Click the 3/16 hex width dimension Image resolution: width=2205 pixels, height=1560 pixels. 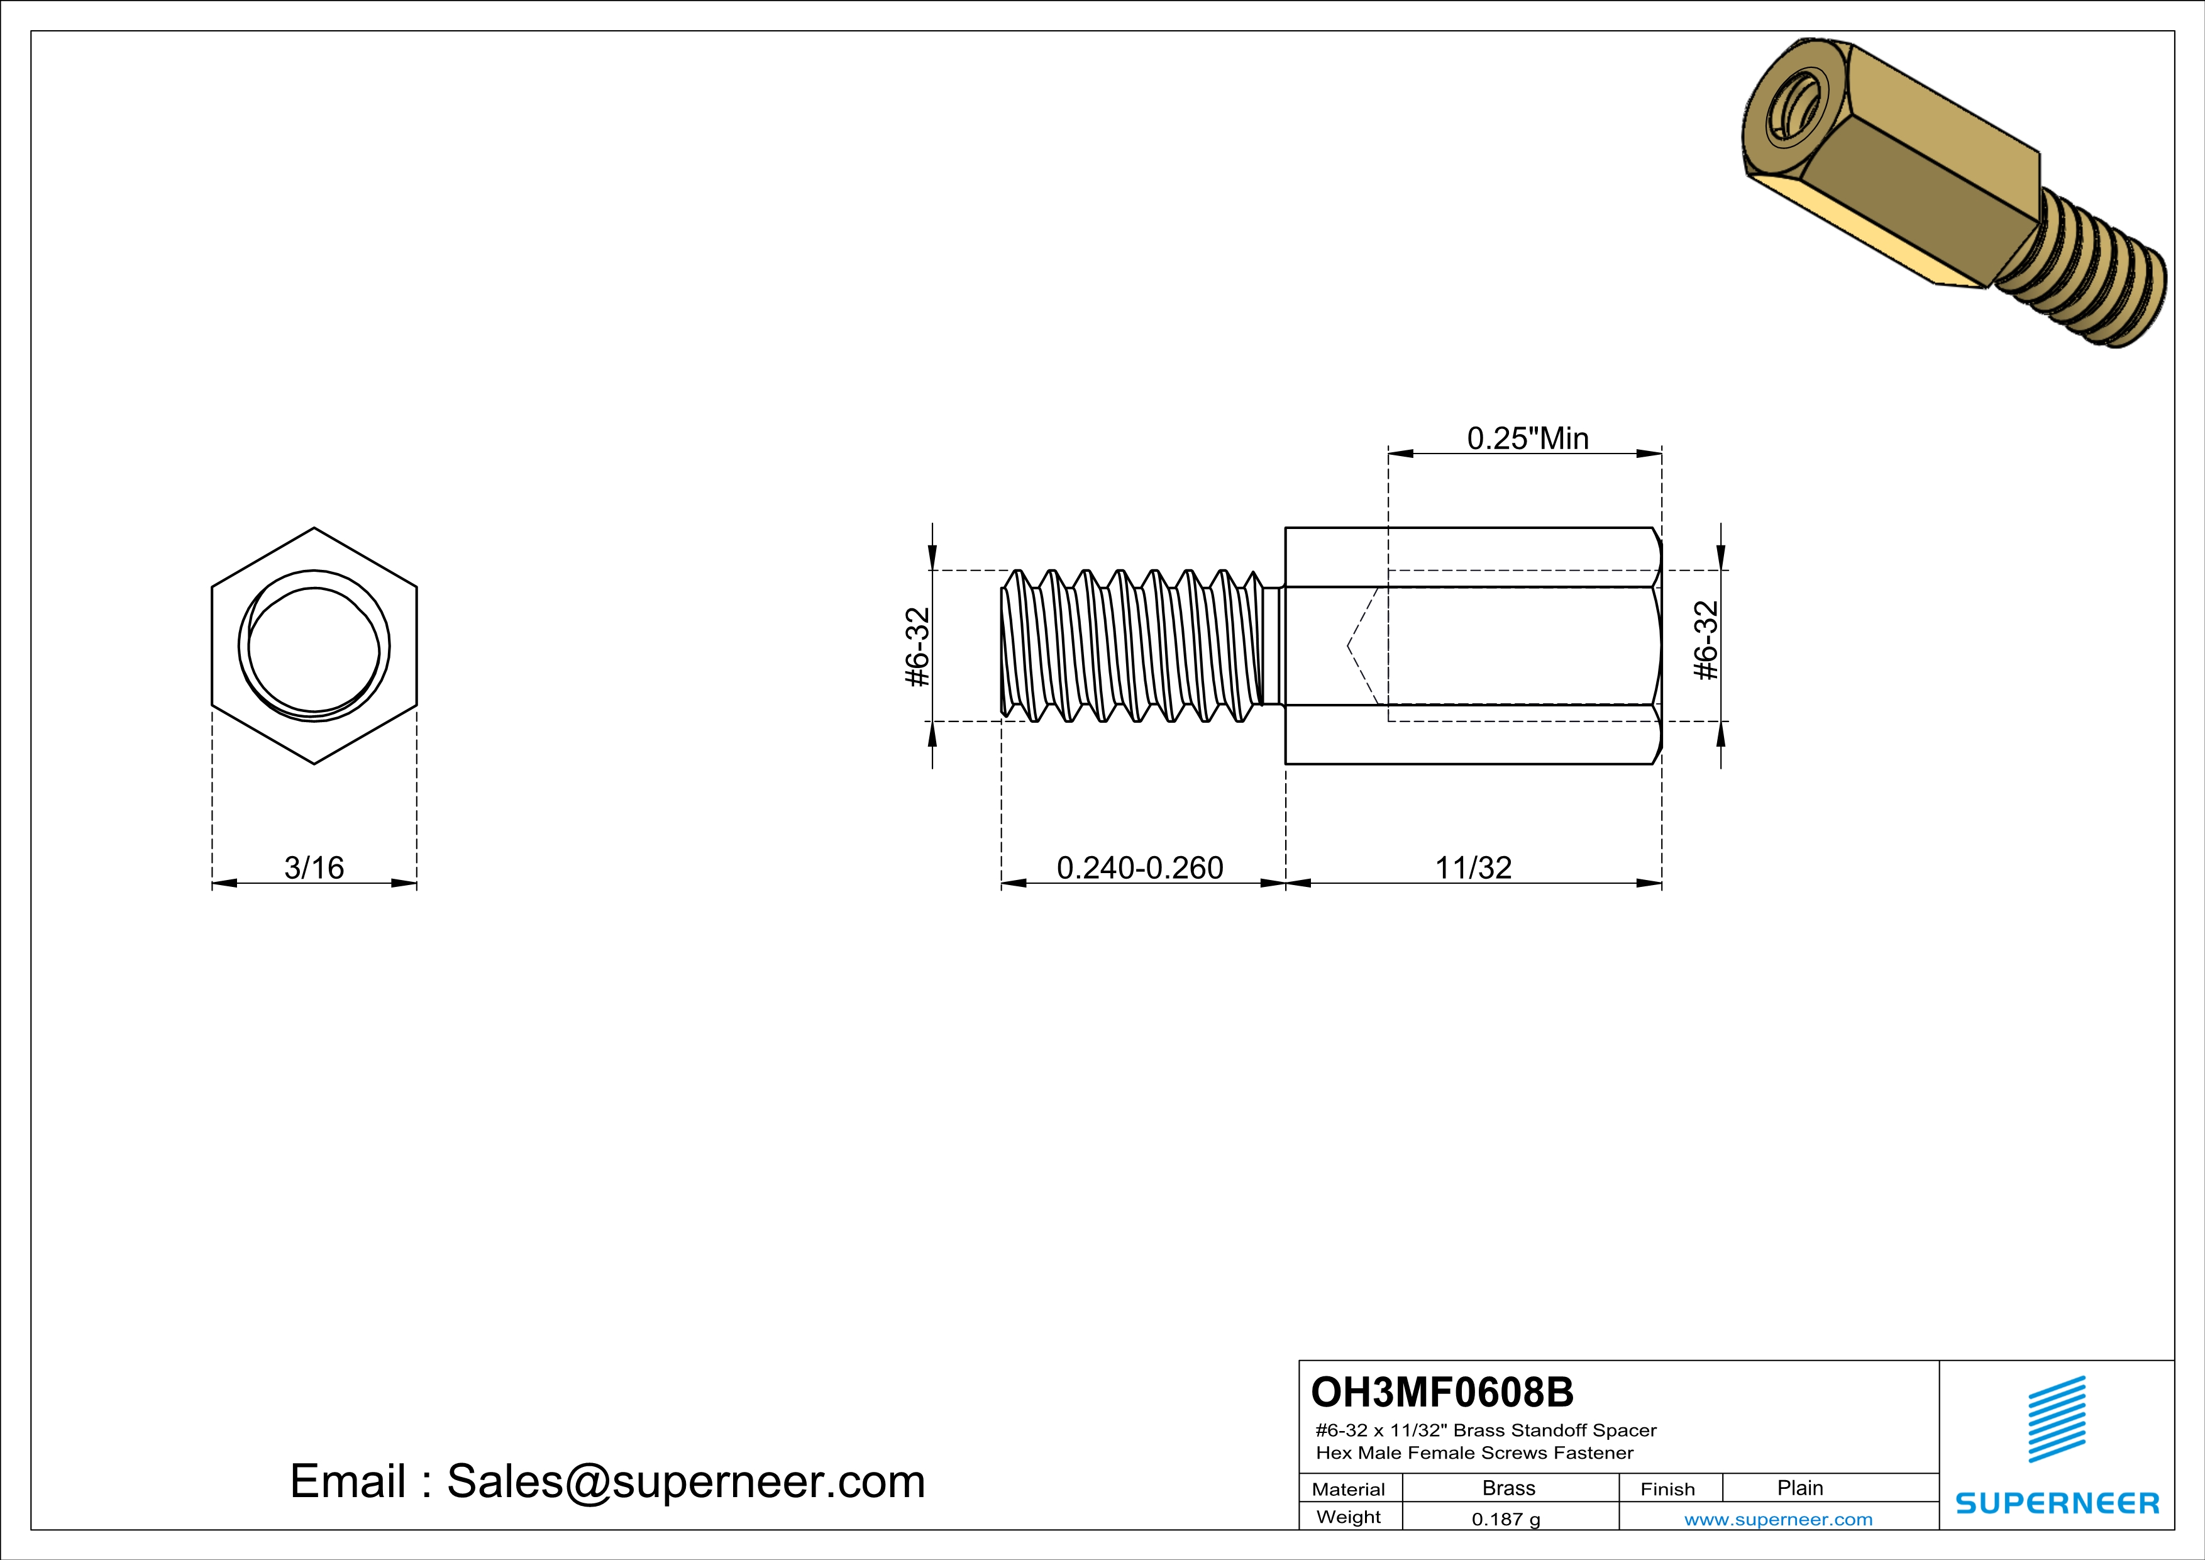[313, 867]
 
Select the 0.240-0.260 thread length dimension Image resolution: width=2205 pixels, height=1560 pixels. [1139, 867]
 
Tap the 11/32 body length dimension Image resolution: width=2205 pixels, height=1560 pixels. [1473, 867]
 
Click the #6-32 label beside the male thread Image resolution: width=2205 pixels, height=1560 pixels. [918, 647]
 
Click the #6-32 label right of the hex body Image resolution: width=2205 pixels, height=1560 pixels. [1706, 641]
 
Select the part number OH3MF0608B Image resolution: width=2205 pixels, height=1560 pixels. [1442, 1392]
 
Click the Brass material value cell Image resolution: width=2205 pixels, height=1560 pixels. [1509, 1488]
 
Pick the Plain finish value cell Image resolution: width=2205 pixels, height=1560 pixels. [1799, 1488]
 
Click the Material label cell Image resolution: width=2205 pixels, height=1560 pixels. [1349, 1489]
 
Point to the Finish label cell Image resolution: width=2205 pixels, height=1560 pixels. [1667, 1489]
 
